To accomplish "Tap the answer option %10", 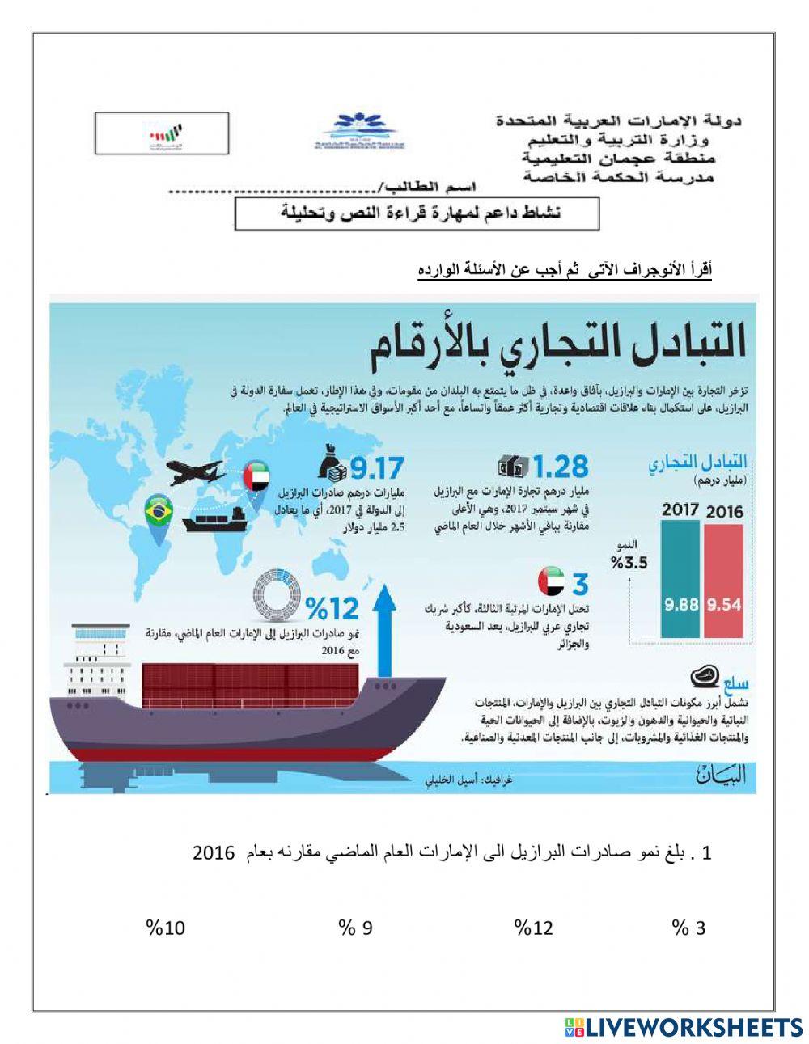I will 165,928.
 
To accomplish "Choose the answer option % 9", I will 356,928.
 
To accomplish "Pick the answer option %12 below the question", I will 534,928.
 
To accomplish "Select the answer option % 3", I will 689,928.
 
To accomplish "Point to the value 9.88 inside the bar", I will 681,605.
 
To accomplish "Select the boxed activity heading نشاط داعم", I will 417,214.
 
